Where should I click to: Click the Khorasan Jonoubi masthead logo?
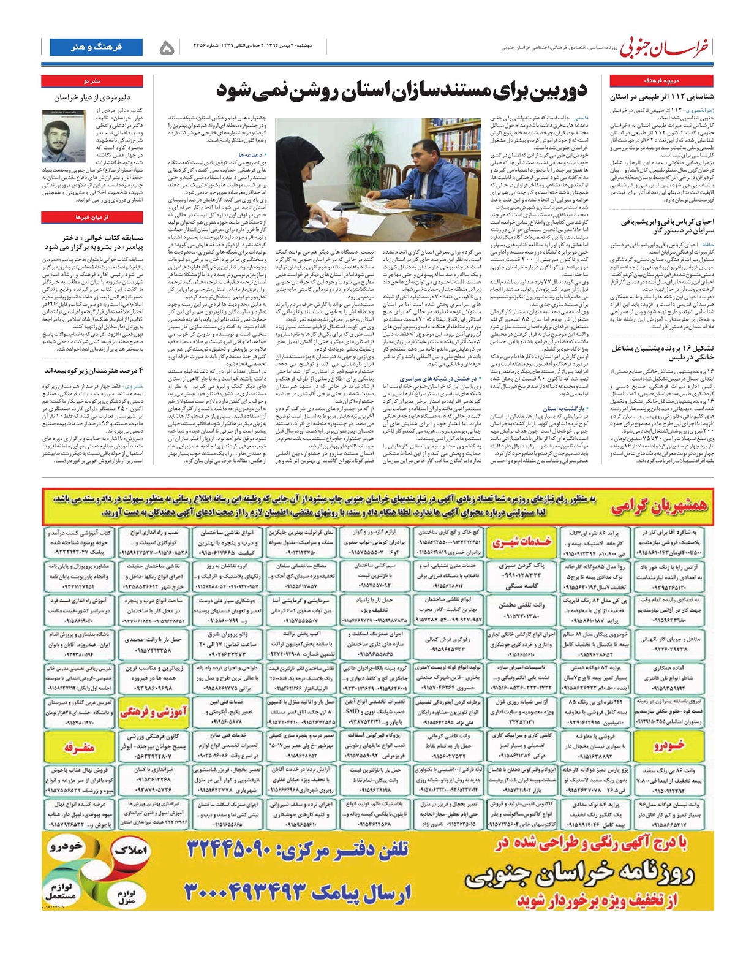(665, 47)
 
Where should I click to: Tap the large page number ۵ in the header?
(166, 48)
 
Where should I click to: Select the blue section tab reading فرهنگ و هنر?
(96, 47)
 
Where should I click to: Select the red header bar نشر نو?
(92, 80)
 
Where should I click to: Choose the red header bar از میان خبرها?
(92, 217)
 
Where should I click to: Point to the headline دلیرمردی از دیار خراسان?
(92, 97)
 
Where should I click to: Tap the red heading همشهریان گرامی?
(658, 506)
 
